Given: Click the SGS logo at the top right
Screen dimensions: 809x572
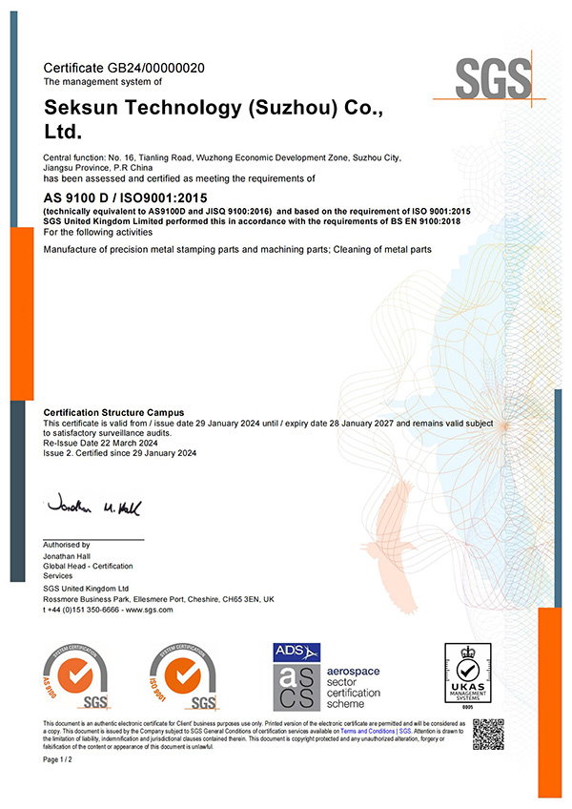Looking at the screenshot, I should (x=492, y=77).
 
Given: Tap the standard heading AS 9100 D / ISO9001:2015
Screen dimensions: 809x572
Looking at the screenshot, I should (x=139, y=197).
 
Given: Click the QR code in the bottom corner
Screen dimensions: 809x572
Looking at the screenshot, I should (x=488, y=733).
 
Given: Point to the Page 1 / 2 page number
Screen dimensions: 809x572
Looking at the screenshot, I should (x=58, y=759).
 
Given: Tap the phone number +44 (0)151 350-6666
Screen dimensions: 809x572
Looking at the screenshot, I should (x=87, y=609).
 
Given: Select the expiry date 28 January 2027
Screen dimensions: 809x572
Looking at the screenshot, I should (x=344, y=422).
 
